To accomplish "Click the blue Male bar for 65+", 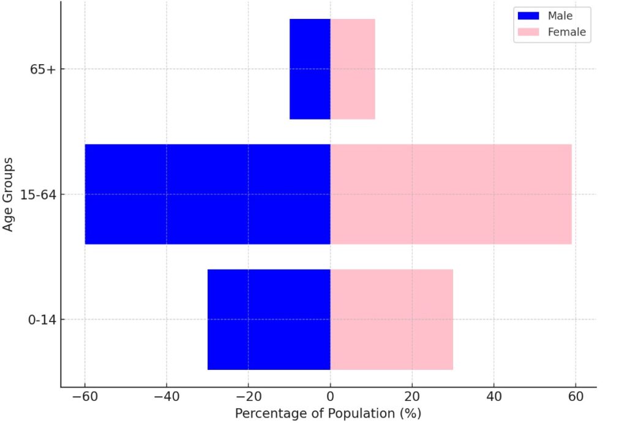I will (310, 69).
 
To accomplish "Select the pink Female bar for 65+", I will (353, 69).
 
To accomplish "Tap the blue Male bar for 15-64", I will (208, 194).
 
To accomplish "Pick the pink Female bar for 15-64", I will (451, 194).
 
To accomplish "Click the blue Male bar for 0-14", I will (269, 319).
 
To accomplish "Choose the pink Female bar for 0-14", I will (392, 319).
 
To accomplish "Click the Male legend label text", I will (560, 16).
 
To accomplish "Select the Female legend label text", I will (566, 32).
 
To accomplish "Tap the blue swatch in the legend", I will (528, 16).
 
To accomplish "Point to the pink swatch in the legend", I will (528, 32).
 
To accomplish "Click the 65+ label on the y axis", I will (43, 70).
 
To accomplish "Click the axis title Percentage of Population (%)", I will (328, 414).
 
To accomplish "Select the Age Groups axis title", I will (9, 194).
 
